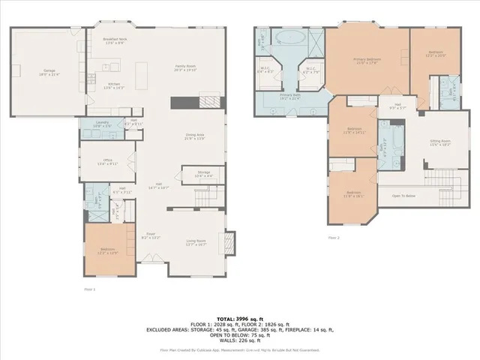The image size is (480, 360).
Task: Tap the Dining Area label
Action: pyautogui.click(x=195, y=136)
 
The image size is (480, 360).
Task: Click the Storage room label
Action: pyautogui.click(x=204, y=174)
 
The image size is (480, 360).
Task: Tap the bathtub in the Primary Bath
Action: pyautogui.click(x=289, y=37)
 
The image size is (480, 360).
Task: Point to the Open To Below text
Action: pyautogui.click(x=403, y=196)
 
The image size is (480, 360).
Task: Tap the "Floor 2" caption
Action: pyautogui.click(x=334, y=238)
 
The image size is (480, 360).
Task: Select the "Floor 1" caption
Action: pyautogui.click(x=90, y=287)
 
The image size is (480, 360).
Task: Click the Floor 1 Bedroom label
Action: pyautogui.click(x=108, y=250)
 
